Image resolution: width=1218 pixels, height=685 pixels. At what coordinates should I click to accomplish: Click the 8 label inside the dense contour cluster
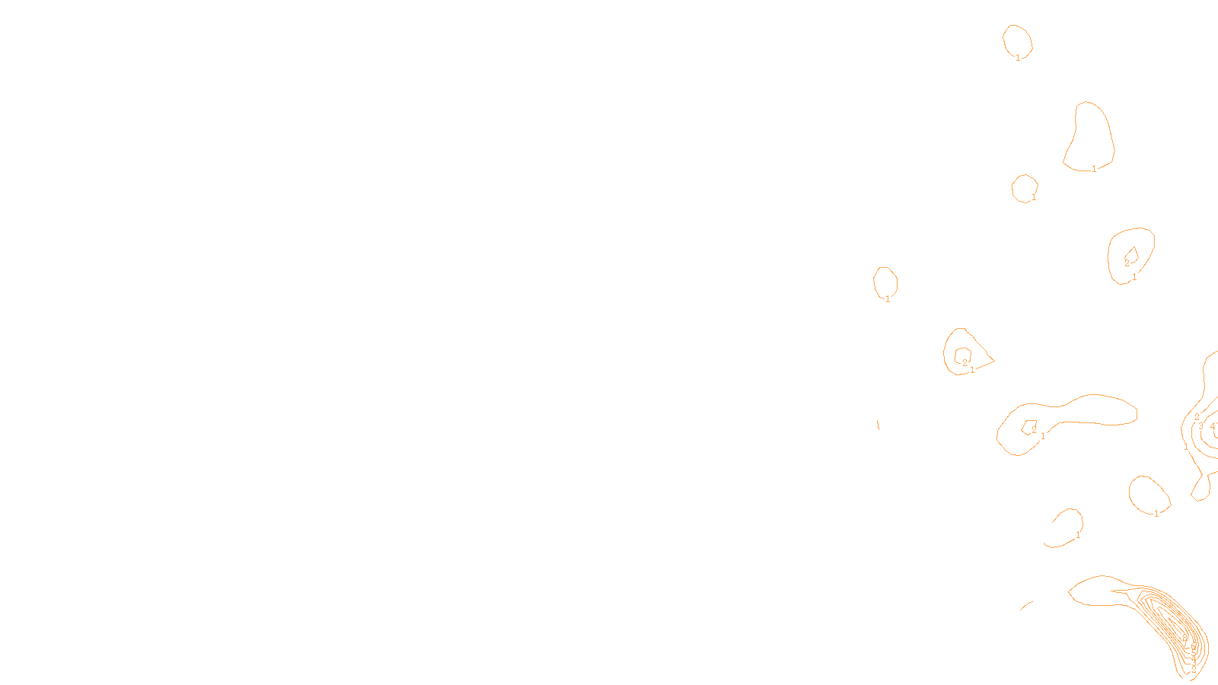(x=1185, y=638)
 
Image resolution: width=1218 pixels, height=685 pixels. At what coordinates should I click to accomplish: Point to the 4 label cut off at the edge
(x=1213, y=426)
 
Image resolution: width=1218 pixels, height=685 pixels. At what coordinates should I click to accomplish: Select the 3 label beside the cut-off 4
(x=1201, y=426)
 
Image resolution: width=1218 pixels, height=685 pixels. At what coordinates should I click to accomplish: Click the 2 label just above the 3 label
(x=1197, y=416)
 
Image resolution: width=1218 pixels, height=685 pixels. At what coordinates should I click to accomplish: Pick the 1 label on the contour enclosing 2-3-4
(x=1186, y=447)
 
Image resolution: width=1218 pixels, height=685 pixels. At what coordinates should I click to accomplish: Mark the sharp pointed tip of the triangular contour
(x=993, y=360)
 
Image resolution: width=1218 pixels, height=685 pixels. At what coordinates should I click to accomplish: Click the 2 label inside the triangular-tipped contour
(x=965, y=363)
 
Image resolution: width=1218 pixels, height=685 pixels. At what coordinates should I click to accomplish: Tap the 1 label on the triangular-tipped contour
(x=972, y=370)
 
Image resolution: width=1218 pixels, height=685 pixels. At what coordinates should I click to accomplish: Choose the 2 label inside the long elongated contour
(x=1034, y=430)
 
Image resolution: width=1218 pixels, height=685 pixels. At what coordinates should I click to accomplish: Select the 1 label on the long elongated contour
(x=1043, y=436)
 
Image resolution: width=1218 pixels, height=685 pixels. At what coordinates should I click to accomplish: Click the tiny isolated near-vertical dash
(x=878, y=425)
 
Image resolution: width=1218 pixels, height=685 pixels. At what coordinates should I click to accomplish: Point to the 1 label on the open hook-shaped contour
(x=1078, y=535)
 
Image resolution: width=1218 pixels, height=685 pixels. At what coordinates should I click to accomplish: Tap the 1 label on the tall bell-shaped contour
(x=1094, y=169)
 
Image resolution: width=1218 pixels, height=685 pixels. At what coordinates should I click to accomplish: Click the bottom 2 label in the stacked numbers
(x=1194, y=669)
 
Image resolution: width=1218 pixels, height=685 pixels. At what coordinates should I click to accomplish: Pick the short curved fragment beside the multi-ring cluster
(x=1026, y=606)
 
